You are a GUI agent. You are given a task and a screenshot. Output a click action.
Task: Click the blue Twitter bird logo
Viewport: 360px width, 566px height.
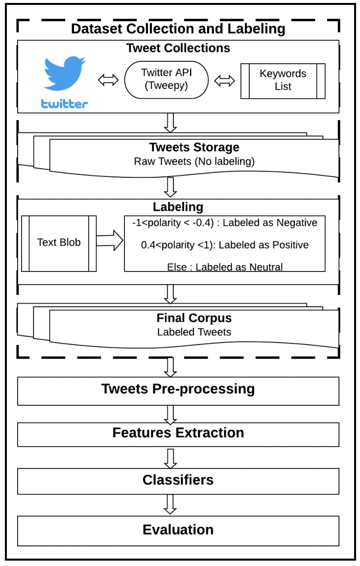point(64,74)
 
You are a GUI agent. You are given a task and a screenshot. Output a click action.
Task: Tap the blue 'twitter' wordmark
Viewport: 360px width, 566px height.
point(64,103)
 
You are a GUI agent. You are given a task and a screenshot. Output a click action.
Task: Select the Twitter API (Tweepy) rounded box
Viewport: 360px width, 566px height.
point(167,80)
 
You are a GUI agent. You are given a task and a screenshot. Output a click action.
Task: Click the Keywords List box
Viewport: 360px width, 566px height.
point(283,81)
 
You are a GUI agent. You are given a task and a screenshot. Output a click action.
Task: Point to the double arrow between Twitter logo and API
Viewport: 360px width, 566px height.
point(108,80)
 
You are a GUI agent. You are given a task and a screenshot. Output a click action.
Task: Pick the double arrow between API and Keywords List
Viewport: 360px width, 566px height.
point(224,81)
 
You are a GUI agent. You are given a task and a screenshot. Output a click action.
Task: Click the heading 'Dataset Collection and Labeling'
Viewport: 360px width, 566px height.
point(178,29)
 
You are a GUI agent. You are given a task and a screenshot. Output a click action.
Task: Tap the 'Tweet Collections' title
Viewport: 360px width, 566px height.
point(178,48)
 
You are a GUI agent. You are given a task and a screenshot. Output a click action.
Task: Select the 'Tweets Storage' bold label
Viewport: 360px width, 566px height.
point(194,148)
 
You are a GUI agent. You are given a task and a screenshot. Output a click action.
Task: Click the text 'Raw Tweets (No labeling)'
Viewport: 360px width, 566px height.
point(194,161)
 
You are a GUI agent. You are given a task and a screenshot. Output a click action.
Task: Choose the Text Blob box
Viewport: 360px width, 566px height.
point(59,244)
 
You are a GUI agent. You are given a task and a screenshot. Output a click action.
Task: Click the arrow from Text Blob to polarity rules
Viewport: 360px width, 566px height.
point(110,241)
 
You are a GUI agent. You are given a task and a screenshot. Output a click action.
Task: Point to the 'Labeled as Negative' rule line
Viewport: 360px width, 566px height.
point(225,222)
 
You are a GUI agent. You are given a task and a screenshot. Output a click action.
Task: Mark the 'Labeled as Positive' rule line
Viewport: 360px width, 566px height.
point(225,245)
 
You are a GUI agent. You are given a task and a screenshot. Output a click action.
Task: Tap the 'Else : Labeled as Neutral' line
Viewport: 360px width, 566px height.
point(225,267)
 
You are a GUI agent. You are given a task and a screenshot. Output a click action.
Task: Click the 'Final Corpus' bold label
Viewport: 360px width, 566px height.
point(194,318)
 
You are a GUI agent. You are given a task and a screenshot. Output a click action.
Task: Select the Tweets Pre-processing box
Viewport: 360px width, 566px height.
point(178,391)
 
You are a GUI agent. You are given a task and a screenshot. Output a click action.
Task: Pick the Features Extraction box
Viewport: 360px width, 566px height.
point(178,434)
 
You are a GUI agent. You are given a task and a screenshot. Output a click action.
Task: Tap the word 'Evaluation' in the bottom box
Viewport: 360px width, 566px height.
point(178,530)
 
